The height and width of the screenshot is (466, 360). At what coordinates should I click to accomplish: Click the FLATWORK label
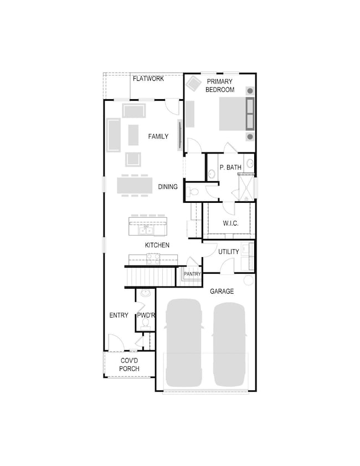click(148, 79)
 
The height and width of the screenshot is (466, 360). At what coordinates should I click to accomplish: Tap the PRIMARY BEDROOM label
click(220, 85)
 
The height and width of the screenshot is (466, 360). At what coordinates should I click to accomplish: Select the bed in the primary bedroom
click(236, 114)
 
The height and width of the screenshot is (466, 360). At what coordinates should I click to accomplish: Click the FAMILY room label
click(158, 136)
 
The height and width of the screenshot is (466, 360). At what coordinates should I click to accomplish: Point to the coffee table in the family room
click(133, 135)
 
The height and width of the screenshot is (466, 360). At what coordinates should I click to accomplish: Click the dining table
click(135, 186)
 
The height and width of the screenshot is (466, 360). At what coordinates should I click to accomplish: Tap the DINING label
click(168, 187)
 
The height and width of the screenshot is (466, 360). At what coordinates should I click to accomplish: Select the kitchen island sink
click(146, 231)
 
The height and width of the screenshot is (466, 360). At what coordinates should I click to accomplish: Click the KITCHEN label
click(157, 245)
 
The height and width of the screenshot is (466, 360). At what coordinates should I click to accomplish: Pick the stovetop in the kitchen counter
click(153, 259)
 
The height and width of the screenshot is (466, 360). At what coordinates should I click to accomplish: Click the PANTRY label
click(192, 274)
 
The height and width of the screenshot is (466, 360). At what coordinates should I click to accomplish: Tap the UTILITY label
click(229, 252)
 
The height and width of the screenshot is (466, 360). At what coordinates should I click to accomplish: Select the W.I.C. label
click(230, 223)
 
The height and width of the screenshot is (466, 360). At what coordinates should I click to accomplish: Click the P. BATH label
click(230, 167)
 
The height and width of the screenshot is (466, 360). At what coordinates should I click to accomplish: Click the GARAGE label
click(222, 291)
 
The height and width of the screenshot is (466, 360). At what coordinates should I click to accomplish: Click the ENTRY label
click(119, 315)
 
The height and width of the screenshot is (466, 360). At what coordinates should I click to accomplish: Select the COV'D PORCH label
click(129, 365)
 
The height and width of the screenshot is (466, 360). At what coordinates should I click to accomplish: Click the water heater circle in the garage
click(248, 280)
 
